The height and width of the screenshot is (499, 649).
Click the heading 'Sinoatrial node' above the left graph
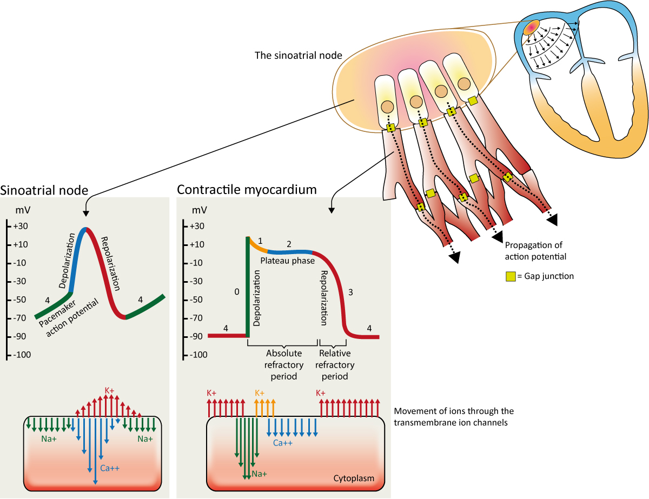click(x=44, y=190)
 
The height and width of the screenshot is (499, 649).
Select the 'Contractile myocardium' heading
click(x=247, y=190)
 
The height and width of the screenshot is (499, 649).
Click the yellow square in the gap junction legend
click(x=510, y=276)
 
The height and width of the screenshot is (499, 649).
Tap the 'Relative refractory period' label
click(x=335, y=364)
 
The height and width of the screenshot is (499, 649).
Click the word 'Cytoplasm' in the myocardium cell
click(x=363, y=478)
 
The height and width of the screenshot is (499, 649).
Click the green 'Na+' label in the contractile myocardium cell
click(x=259, y=474)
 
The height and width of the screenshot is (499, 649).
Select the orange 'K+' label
click(x=260, y=393)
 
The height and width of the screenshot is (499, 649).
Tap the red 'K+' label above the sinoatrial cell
click(x=110, y=390)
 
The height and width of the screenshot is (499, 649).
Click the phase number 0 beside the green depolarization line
click(x=236, y=292)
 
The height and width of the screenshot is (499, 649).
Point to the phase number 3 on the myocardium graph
click(x=350, y=292)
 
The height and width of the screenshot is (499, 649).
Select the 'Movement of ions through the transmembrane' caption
click(x=454, y=417)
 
